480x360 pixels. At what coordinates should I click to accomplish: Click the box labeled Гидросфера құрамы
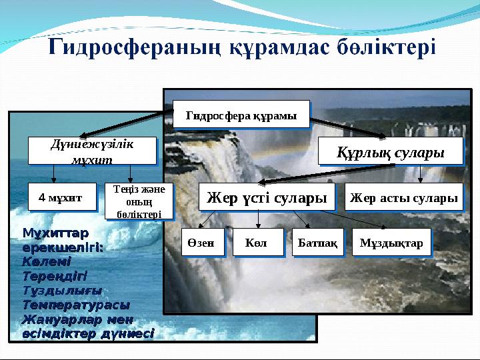pyautogui.click(x=241, y=114)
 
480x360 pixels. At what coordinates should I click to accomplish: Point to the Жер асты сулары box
pyautogui.click(x=404, y=197)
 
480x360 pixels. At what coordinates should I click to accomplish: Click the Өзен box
pyautogui.click(x=201, y=243)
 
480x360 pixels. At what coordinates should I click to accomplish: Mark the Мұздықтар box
pyautogui.click(x=391, y=243)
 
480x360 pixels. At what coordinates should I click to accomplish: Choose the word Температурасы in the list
pyautogui.click(x=75, y=304)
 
